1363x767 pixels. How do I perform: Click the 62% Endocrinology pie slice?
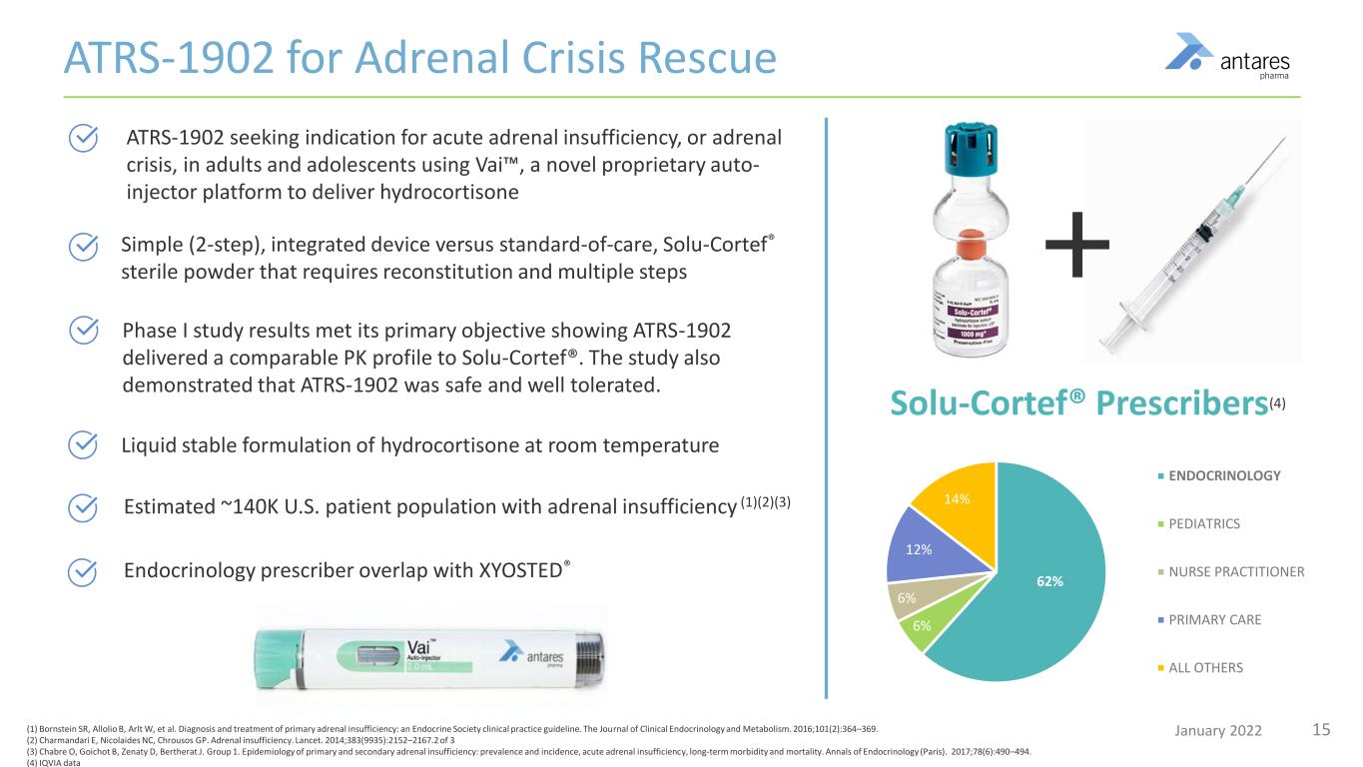click(x=1048, y=579)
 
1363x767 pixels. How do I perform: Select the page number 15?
click(x=1321, y=729)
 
